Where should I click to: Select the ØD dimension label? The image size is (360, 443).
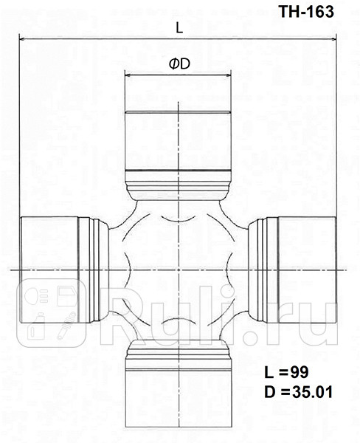pyautogui.click(x=179, y=64)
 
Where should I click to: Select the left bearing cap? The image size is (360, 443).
pyautogui.click(x=48, y=270)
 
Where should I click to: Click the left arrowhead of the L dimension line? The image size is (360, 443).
pyautogui.click(x=23, y=38)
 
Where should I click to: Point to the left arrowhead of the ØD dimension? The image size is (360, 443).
pyautogui.click(x=128, y=75)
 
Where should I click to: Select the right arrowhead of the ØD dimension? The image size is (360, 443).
pyautogui.click(x=229, y=75)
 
